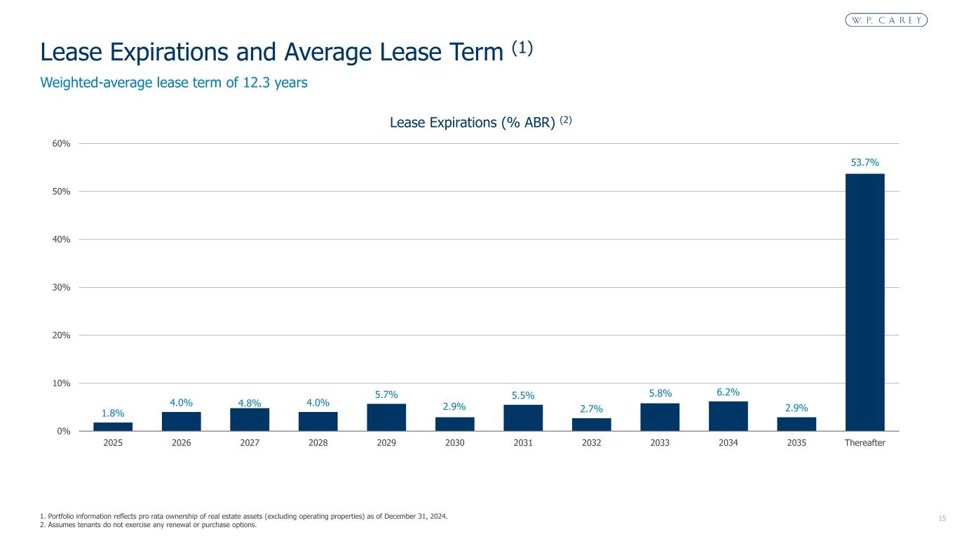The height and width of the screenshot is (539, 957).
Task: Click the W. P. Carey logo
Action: (x=886, y=20)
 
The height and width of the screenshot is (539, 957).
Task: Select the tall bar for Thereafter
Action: (x=864, y=302)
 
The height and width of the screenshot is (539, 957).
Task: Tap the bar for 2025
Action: (x=113, y=427)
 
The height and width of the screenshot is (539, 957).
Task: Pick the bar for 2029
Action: (x=386, y=417)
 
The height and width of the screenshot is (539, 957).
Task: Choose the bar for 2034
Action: (x=728, y=415)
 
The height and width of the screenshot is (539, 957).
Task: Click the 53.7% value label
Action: (x=864, y=163)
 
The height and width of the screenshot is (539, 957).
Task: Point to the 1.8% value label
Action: (x=113, y=413)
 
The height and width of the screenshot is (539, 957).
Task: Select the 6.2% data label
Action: (x=728, y=392)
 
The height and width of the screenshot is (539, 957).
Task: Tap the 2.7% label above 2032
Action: (x=591, y=408)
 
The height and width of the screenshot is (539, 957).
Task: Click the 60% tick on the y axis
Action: (x=61, y=144)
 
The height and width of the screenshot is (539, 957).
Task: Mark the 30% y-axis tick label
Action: (x=61, y=288)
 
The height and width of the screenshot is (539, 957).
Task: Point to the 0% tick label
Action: (x=64, y=431)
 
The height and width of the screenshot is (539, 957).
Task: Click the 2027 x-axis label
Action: (x=250, y=443)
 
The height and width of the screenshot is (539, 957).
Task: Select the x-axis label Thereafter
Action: (x=864, y=443)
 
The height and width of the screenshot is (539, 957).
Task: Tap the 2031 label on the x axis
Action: (x=523, y=443)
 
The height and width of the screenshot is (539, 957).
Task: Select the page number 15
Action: (x=942, y=518)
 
